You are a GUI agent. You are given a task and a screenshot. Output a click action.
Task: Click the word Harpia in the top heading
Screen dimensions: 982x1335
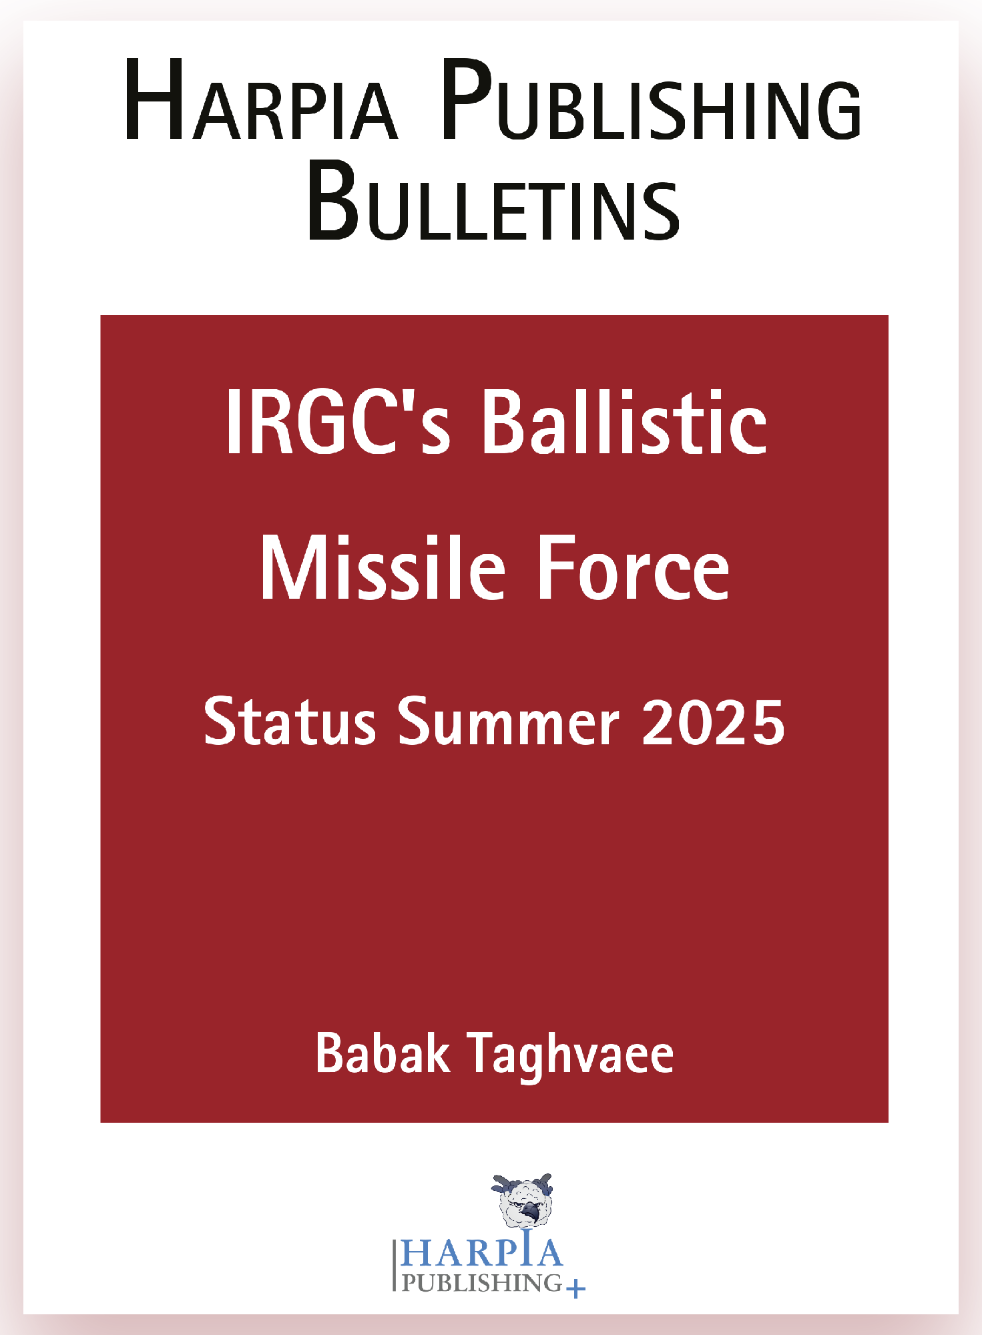click(x=261, y=100)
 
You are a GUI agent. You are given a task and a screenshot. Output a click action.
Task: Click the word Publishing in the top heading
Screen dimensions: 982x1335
click(x=652, y=100)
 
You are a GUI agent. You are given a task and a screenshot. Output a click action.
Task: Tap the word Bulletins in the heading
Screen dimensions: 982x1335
click(x=494, y=200)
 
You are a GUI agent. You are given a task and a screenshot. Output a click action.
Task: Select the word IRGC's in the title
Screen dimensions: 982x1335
click(x=338, y=422)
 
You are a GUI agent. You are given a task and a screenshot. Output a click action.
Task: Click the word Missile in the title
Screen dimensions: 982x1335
click(x=383, y=568)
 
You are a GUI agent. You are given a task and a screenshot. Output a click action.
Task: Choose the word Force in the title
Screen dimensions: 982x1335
click(x=634, y=569)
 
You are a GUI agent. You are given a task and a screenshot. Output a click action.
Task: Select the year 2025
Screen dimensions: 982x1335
click(x=714, y=722)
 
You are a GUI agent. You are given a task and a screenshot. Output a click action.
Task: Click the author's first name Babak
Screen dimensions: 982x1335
click(x=383, y=1053)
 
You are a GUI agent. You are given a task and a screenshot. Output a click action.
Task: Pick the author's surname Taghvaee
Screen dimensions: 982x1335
click(x=571, y=1057)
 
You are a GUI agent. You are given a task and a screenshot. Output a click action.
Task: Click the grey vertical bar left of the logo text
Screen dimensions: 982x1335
click(x=394, y=1265)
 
